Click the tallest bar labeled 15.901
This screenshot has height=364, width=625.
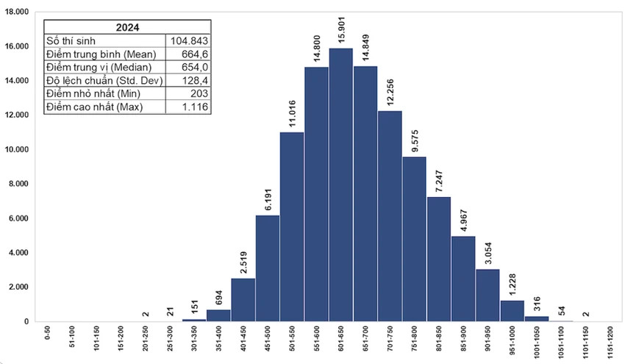click(x=341, y=185)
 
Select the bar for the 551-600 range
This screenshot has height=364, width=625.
click(x=317, y=194)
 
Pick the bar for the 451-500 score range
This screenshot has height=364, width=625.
click(x=268, y=268)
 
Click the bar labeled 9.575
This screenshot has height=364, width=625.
click(x=415, y=239)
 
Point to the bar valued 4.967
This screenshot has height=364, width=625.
click(x=463, y=279)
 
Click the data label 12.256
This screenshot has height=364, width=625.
click(x=390, y=93)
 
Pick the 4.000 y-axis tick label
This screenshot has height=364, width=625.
click(x=17, y=252)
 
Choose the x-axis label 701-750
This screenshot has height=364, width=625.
click(x=390, y=343)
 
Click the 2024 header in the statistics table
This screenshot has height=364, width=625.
click(x=127, y=27)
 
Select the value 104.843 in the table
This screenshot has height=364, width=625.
click(x=190, y=40)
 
